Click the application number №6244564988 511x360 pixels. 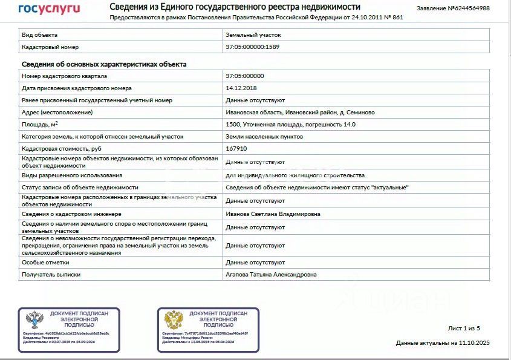pyautogui.click(x=453, y=8)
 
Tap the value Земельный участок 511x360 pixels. pyautogui.click(x=253, y=35)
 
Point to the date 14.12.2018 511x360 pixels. pyautogui.click(x=241, y=88)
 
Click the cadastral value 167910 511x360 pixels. pyautogui.click(x=236, y=148)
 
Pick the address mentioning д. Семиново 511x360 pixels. pyautogui.click(x=300, y=113)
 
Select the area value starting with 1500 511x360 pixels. pyautogui.click(x=290, y=125)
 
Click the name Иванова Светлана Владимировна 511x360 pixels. pyautogui.click(x=273, y=214)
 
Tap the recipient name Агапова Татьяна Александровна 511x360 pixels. pyautogui.click(x=271, y=275)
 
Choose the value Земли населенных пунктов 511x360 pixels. pyautogui.click(x=264, y=137)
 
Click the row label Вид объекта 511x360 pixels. pyautogui.click(x=40, y=35)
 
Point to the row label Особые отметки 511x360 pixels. pyautogui.click(x=45, y=263)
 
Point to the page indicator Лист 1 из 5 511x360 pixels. pyautogui.click(x=464, y=329)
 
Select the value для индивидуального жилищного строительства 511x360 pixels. pyautogui.click(x=295, y=175)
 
